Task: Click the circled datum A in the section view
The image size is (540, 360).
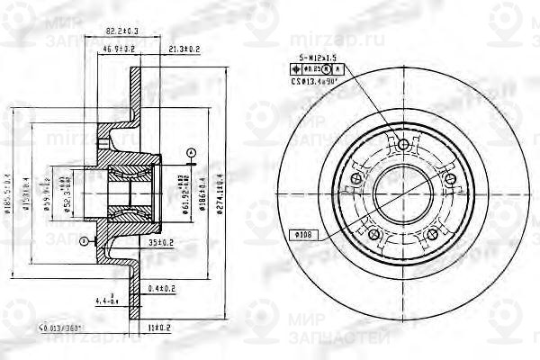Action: tap(191, 149)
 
